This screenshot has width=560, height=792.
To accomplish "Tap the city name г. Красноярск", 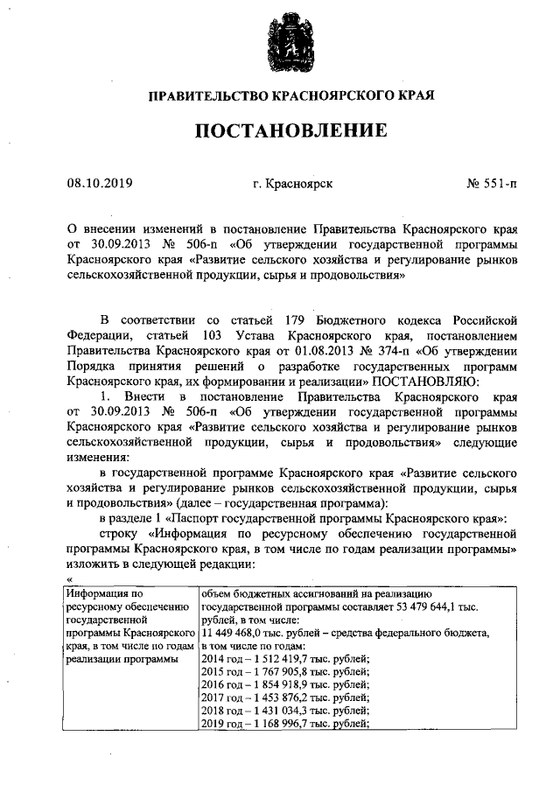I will pyautogui.click(x=291, y=184).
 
